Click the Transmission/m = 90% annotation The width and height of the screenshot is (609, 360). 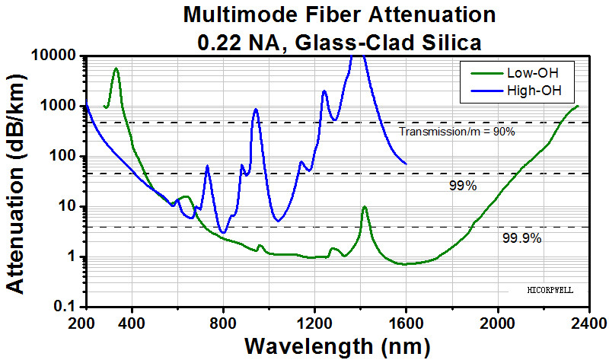pos(458,132)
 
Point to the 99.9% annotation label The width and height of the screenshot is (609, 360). pos(521,238)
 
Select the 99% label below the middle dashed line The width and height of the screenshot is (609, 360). pos(462,185)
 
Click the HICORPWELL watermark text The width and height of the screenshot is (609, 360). pos(550,290)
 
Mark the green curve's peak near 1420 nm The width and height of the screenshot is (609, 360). pos(365,206)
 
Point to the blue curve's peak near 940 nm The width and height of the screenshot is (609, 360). pos(256,109)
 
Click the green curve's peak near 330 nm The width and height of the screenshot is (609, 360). pos(116,68)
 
